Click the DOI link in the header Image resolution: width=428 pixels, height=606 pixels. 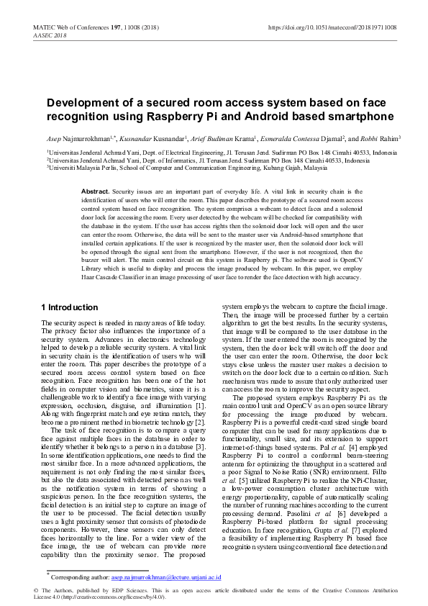pos(332,27)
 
